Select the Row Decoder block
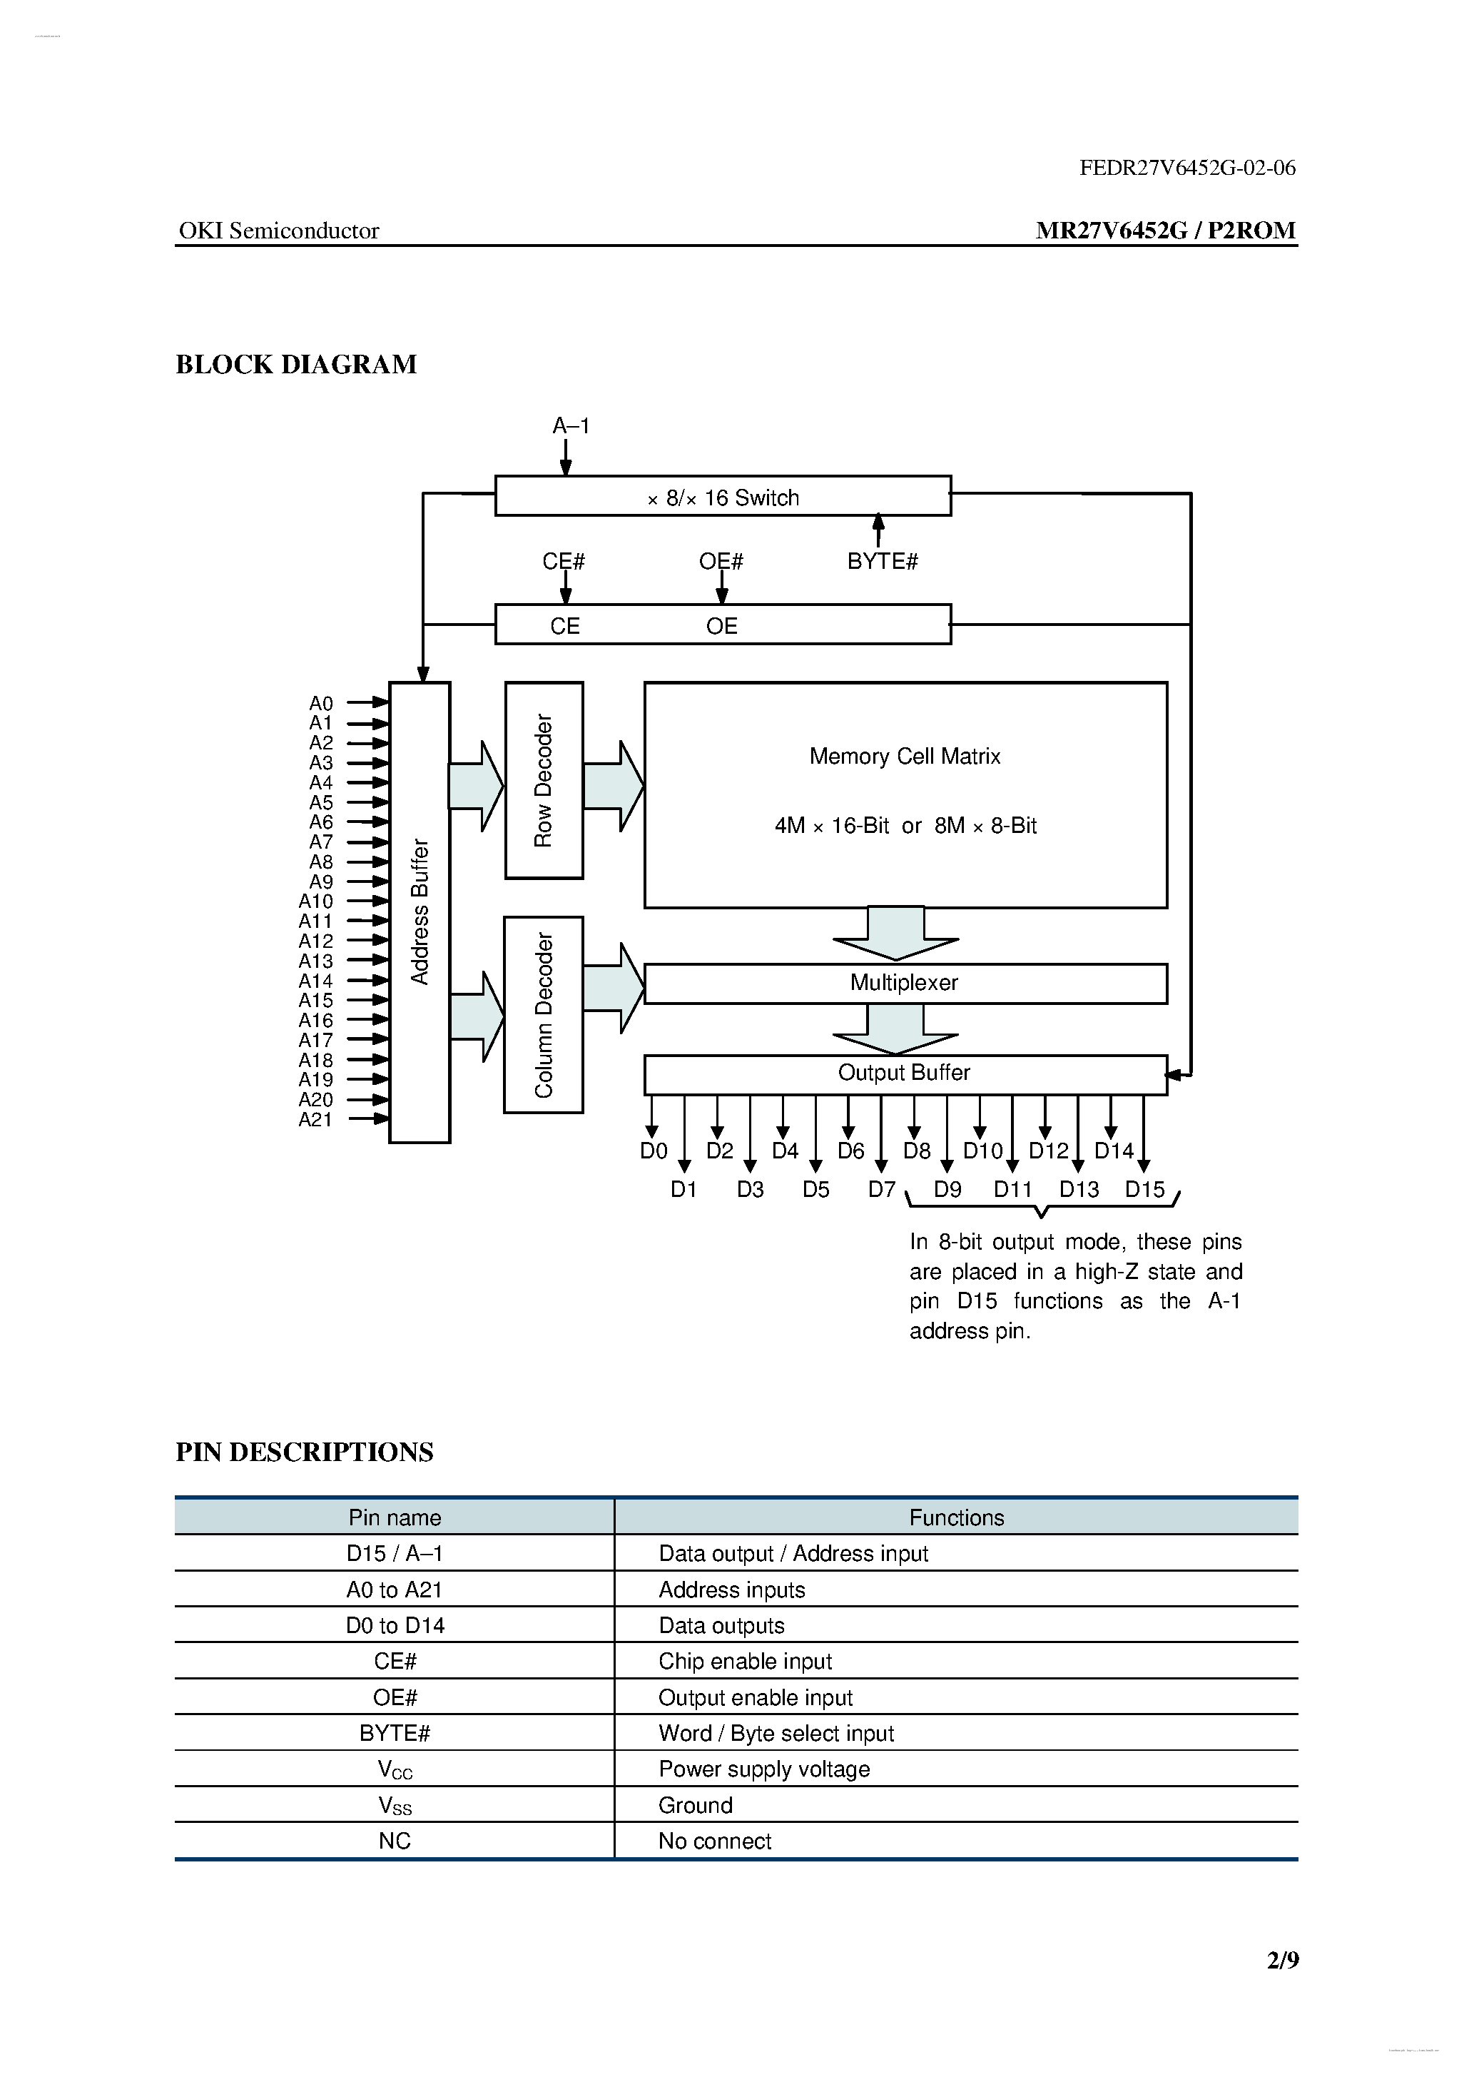click(544, 780)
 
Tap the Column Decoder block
click(544, 1014)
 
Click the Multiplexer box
click(904, 983)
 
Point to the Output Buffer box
click(904, 1073)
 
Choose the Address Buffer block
click(419, 911)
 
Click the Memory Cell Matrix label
click(904, 757)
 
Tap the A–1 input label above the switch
click(571, 425)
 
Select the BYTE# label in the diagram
click(882, 562)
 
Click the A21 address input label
click(315, 1120)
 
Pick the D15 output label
click(1144, 1189)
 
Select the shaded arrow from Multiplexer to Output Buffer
click(896, 1030)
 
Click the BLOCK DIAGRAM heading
click(296, 365)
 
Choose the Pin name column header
click(395, 1517)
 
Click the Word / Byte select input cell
click(776, 1734)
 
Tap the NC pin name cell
click(395, 1841)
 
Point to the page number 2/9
click(1282, 1961)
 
